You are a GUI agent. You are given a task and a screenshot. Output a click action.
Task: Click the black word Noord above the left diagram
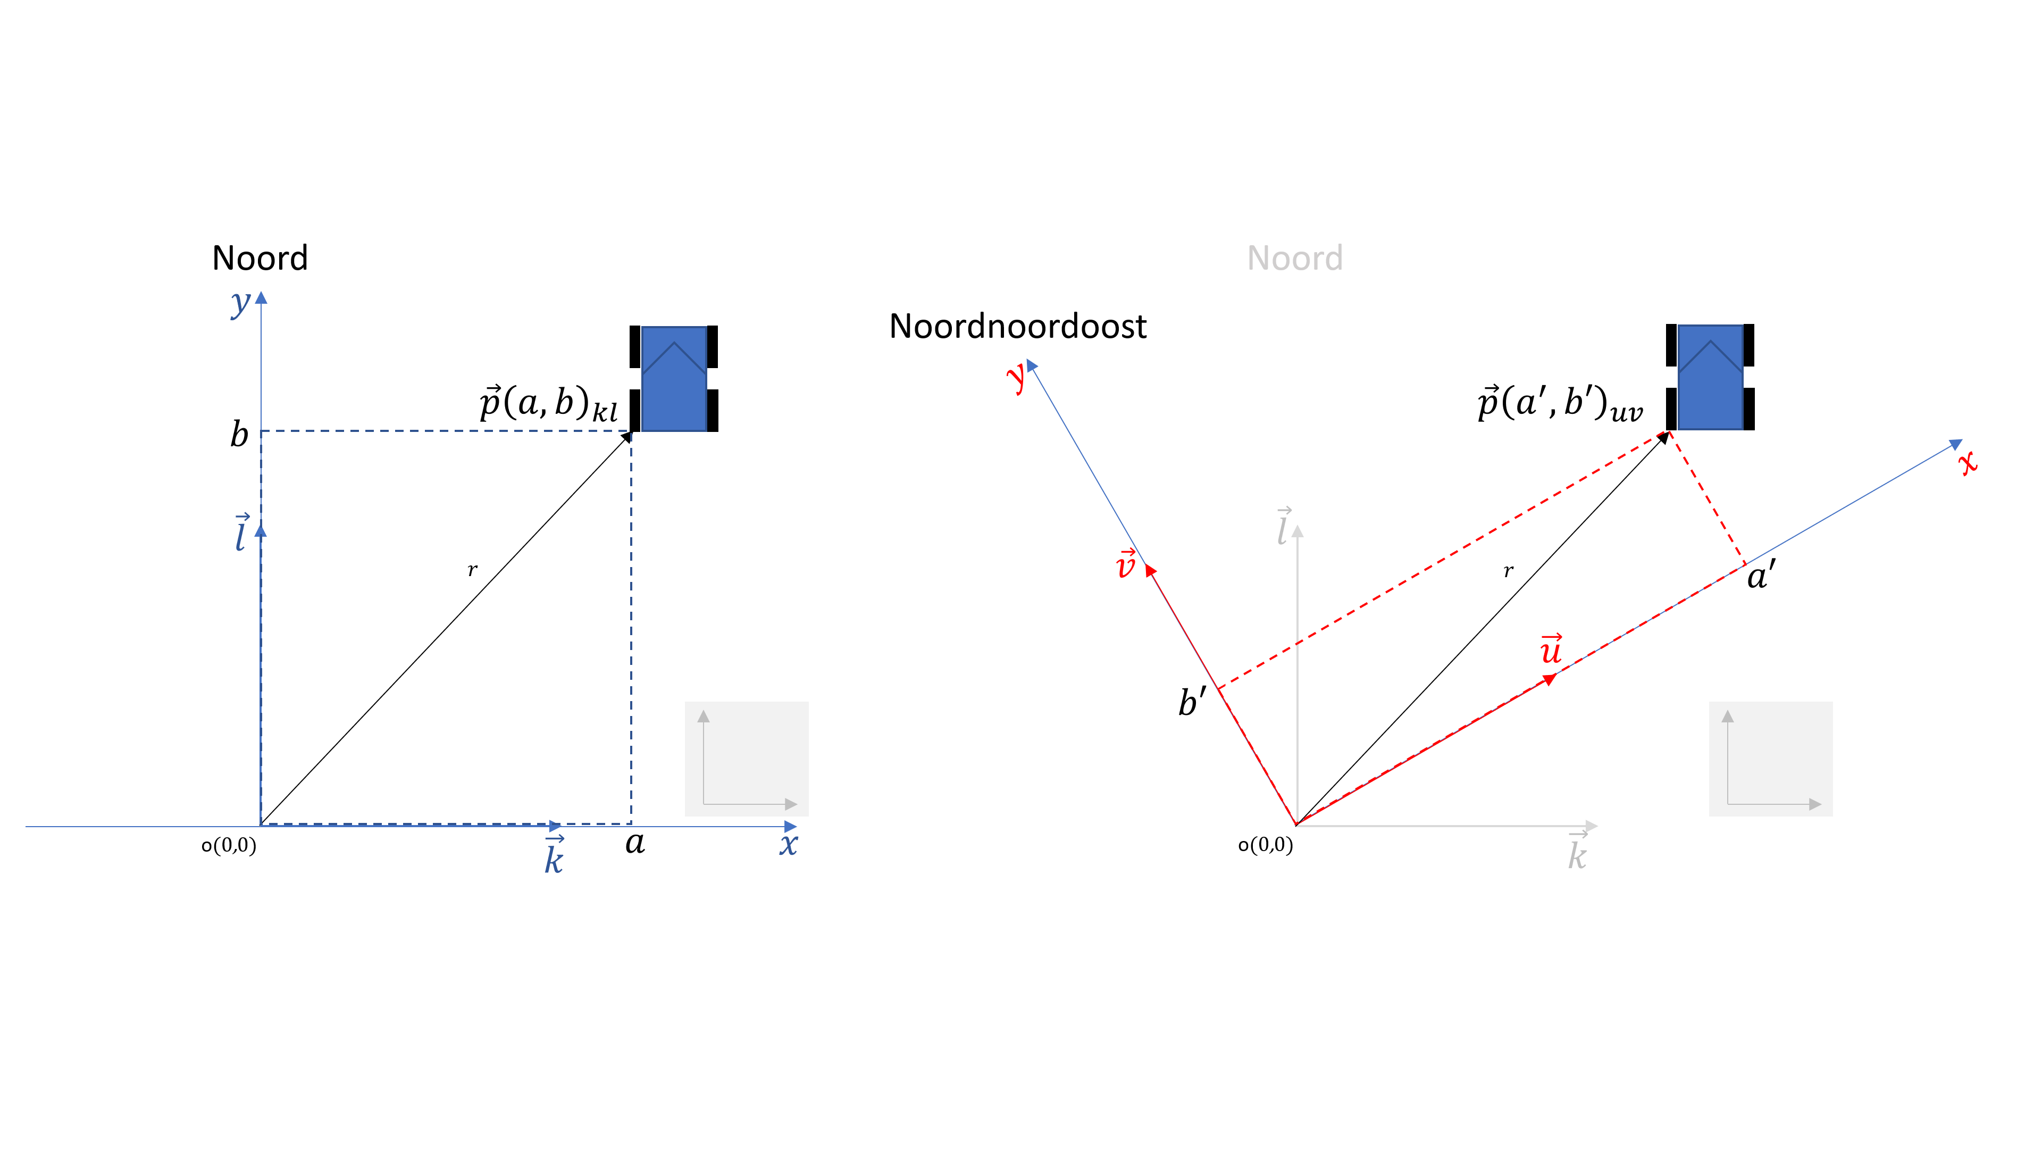(x=260, y=259)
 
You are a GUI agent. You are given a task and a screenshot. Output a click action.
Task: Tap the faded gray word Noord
(x=1294, y=259)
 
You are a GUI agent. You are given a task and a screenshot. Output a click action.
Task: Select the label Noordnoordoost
(x=1018, y=327)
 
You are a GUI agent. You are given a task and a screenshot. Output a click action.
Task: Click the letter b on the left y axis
(x=239, y=435)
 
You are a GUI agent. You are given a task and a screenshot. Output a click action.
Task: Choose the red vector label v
(x=1126, y=564)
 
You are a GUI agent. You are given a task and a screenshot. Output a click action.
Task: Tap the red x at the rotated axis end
(x=1968, y=462)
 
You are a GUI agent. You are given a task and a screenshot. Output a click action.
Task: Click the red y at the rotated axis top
(x=1016, y=378)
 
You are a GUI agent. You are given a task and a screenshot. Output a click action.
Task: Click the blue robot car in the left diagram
(x=674, y=378)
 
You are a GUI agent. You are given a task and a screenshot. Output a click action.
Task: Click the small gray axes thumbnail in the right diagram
(x=1770, y=759)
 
